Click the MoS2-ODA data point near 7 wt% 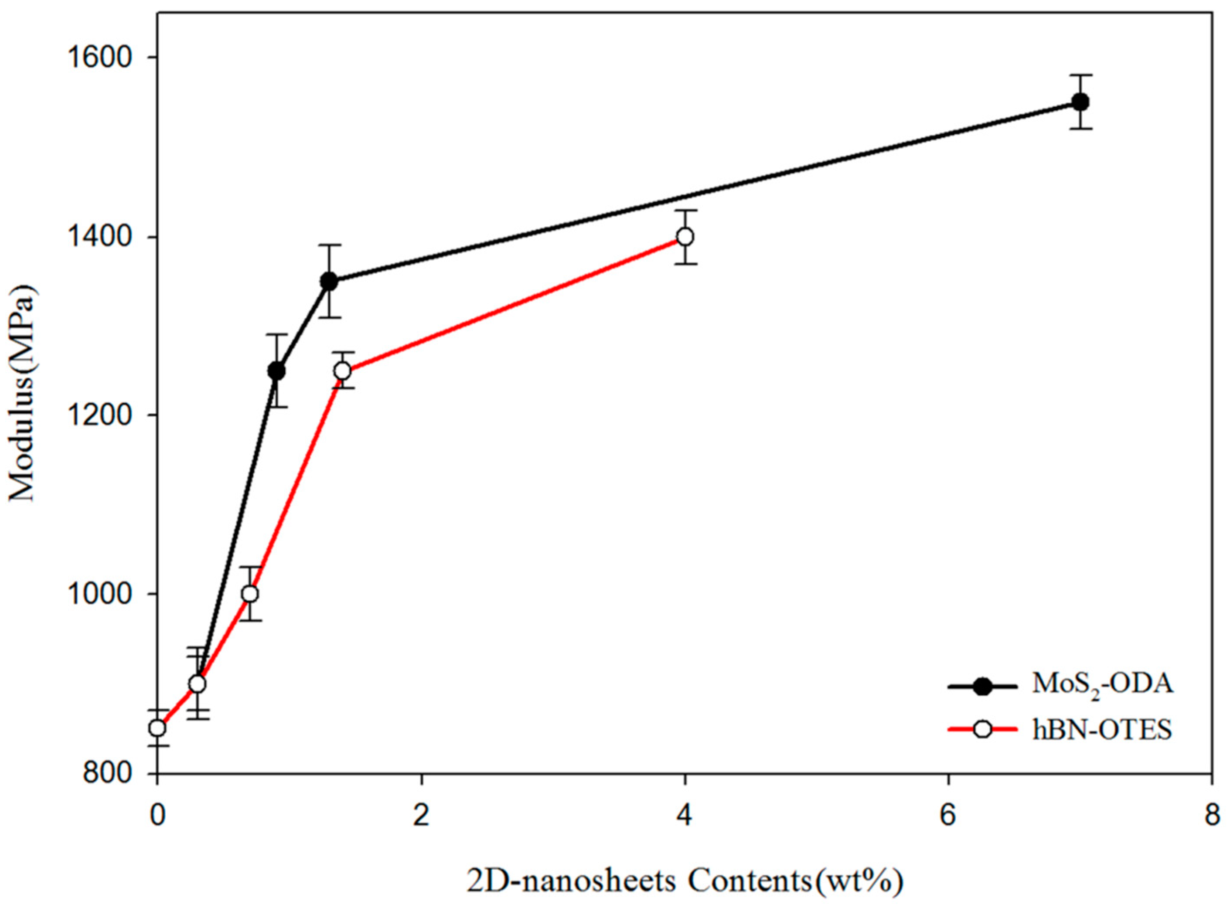(x=1080, y=102)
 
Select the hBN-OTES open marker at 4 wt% (x=685, y=237)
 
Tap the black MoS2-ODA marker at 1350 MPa (x=329, y=281)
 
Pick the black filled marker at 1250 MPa (x=276, y=371)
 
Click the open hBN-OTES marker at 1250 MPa (x=343, y=371)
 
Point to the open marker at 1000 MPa (x=250, y=594)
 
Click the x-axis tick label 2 (x=421, y=816)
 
